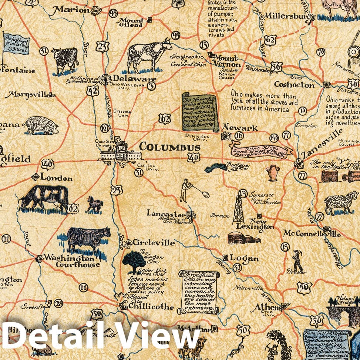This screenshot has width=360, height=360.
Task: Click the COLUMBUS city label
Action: [169, 147]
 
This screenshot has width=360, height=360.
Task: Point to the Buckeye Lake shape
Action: [216, 168]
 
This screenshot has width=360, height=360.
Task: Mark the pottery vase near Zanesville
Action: [273, 173]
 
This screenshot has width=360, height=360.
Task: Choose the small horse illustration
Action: [95, 204]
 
